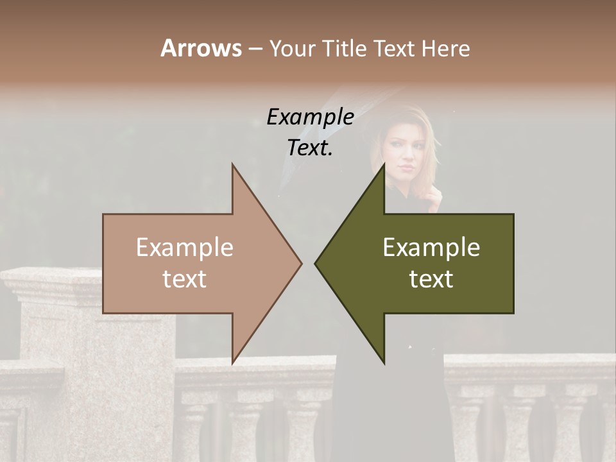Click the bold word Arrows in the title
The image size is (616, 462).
(x=200, y=48)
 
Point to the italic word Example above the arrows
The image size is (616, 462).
(x=310, y=117)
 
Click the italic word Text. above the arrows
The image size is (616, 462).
(x=310, y=148)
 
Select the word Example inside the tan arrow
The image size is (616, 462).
(x=185, y=248)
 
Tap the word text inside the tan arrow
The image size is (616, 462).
(x=185, y=279)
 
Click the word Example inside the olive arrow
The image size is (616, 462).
(x=431, y=248)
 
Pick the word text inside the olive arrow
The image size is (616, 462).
(x=431, y=279)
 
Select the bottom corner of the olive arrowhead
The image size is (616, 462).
(x=384, y=362)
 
